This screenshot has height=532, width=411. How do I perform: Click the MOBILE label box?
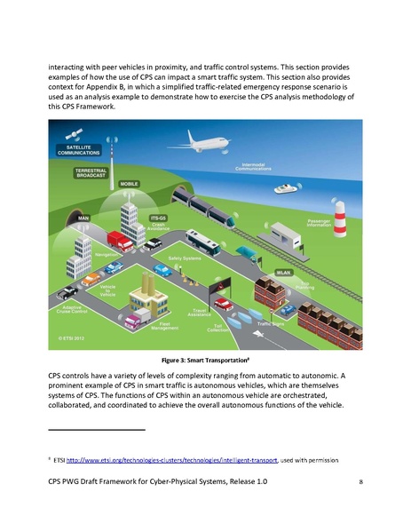[128, 184]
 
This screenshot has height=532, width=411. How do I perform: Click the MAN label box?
[85, 216]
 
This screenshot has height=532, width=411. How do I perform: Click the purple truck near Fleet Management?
[140, 317]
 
